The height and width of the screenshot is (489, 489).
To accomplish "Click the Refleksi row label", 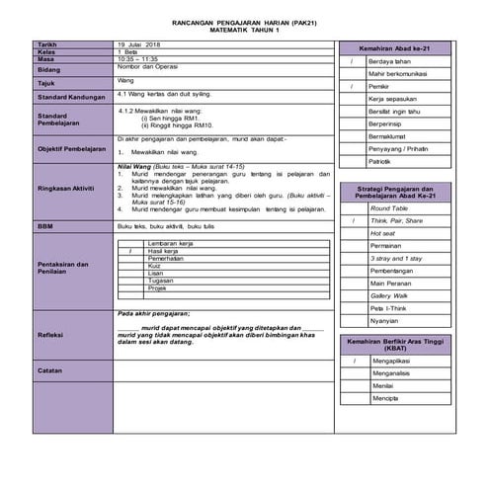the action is [50, 335].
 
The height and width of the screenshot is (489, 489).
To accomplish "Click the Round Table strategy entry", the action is [388, 208].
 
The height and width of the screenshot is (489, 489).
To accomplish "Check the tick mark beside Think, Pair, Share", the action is [352, 221].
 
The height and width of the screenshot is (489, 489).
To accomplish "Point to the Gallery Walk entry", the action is [388, 295].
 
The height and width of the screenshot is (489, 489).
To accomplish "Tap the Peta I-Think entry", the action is [388, 308].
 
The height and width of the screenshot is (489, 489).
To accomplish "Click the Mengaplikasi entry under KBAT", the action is [392, 361].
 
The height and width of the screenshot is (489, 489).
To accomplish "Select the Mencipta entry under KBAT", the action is [385, 398].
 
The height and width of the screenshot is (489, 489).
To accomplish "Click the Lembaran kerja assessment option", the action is [170, 243].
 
